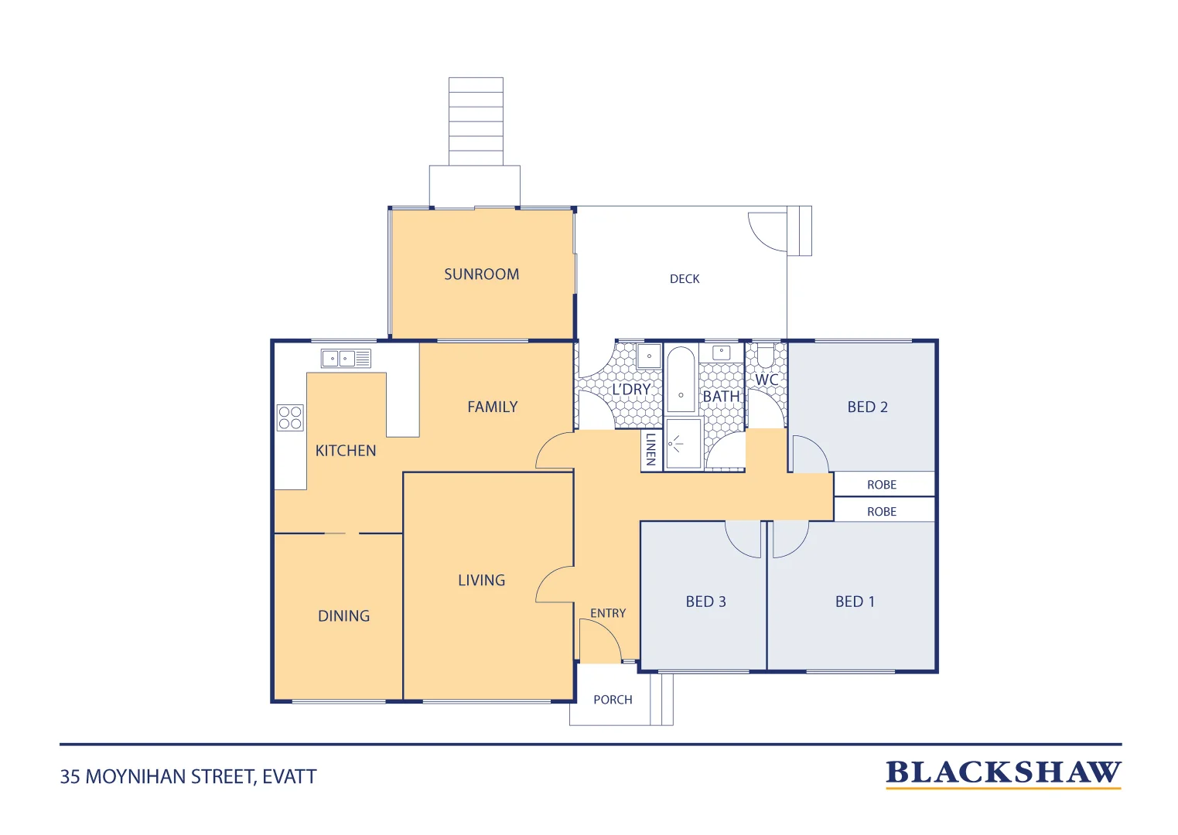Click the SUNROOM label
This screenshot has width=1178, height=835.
click(481, 274)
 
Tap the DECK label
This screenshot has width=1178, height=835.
click(685, 278)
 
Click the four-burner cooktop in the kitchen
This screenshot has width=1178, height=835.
click(290, 417)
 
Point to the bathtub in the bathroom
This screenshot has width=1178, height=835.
click(681, 379)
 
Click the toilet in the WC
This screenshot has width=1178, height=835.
click(766, 356)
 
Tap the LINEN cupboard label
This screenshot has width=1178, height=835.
click(651, 449)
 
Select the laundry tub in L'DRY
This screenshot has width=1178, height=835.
click(649, 356)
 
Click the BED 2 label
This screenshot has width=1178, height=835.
click(867, 407)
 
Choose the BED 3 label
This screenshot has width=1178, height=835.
click(705, 602)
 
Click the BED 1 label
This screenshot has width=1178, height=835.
click(855, 602)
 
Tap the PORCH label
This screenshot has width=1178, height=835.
click(613, 700)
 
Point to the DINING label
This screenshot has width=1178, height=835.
click(344, 615)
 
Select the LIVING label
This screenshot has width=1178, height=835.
click(481, 580)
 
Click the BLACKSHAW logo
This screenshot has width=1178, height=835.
click(1003, 774)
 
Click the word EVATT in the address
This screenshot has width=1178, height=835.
click(289, 777)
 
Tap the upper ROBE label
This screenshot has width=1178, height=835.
click(882, 485)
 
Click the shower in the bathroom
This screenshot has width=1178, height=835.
click(683, 443)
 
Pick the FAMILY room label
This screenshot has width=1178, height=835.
click(493, 407)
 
